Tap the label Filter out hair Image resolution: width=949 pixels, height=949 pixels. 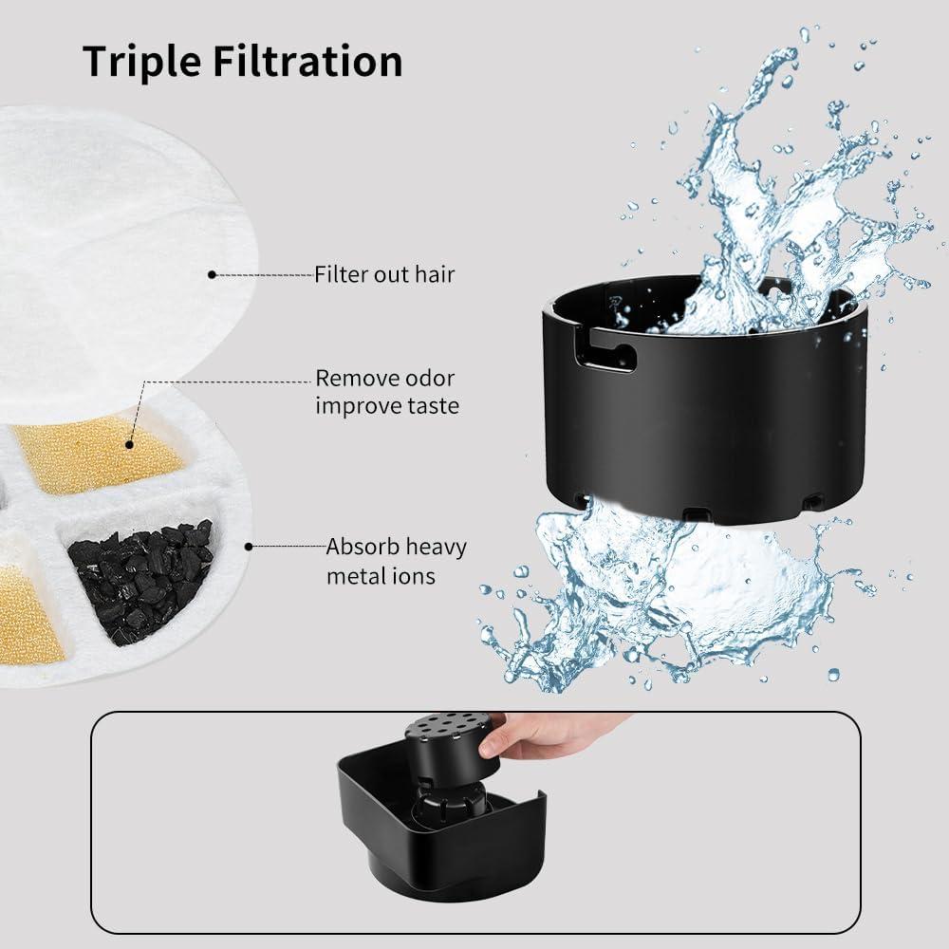(384, 275)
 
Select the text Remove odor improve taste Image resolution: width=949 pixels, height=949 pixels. (387, 392)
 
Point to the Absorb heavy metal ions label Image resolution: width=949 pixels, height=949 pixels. (397, 561)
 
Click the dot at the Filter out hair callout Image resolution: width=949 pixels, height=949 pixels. (213, 275)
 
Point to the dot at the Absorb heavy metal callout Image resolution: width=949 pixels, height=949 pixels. (249, 547)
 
